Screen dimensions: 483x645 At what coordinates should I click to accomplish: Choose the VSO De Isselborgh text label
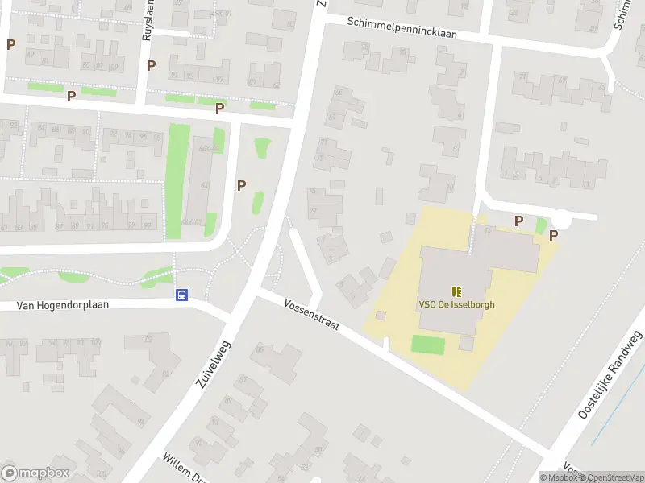tap(456, 305)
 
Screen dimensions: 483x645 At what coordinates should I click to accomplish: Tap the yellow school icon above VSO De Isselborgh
tap(456, 291)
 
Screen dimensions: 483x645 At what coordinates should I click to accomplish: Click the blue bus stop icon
tap(183, 295)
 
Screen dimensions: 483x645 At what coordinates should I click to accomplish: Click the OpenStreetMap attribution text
tap(612, 477)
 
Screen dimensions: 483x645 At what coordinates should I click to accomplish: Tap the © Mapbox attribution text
tap(558, 477)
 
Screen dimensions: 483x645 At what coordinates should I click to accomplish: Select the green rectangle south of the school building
tap(427, 345)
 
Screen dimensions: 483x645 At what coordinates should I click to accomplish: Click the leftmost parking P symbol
tap(10, 45)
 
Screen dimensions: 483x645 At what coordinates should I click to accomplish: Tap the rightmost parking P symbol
tap(553, 235)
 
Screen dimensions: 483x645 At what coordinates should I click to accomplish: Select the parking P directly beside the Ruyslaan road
tap(151, 65)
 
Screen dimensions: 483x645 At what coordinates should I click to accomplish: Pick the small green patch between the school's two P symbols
tap(540, 226)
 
